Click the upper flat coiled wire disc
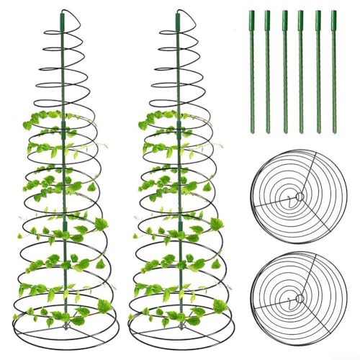tap(300, 196)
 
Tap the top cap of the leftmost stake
tap(250, 13)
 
